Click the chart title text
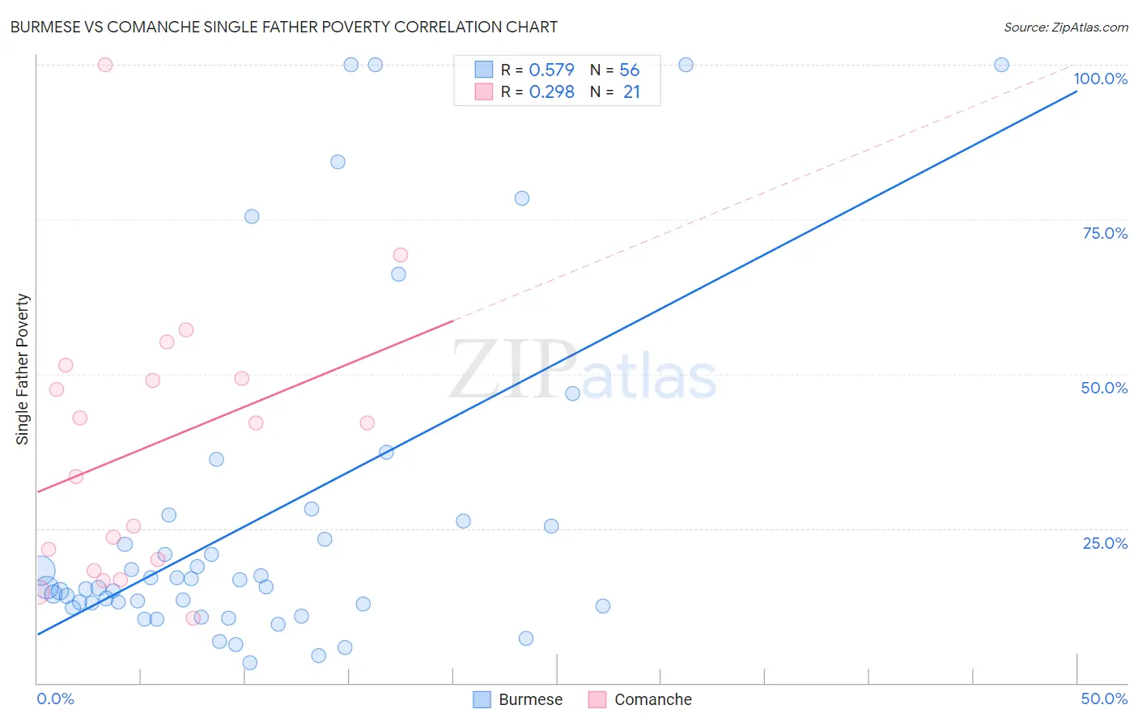click(283, 27)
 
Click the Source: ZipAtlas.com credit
click(1065, 28)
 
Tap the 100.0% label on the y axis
click(1100, 79)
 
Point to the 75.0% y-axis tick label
click(1105, 233)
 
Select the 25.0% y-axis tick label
click(1105, 543)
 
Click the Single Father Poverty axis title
click(23, 369)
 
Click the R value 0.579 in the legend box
click(551, 70)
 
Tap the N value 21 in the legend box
click(631, 92)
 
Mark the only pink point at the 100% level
click(105, 65)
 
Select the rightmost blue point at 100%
click(1001, 65)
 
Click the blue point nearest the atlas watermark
click(572, 393)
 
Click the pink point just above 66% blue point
click(400, 255)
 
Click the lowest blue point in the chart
click(250, 663)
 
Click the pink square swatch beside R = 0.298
click(484, 91)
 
